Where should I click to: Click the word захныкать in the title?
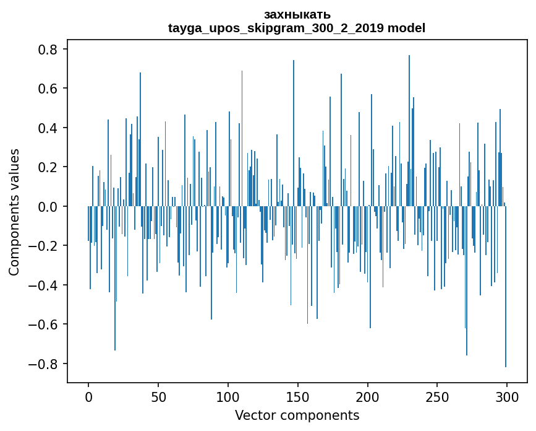pyautogui.click(x=297, y=14)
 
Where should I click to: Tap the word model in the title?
pyautogui.click(x=406, y=28)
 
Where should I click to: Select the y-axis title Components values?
pyautogui.click(x=14, y=212)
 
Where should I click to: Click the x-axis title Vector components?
pyautogui.click(x=297, y=415)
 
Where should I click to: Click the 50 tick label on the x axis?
pyautogui.click(x=158, y=396)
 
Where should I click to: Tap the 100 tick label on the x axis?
pyautogui.click(x=228, y=396)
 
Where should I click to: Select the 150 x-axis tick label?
pyautogui.click(x=298, y=396)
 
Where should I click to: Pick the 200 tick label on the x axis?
pyautogui.click(x=368, y=396)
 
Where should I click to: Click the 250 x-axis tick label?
pyautogui.click(x=438, y=396)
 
